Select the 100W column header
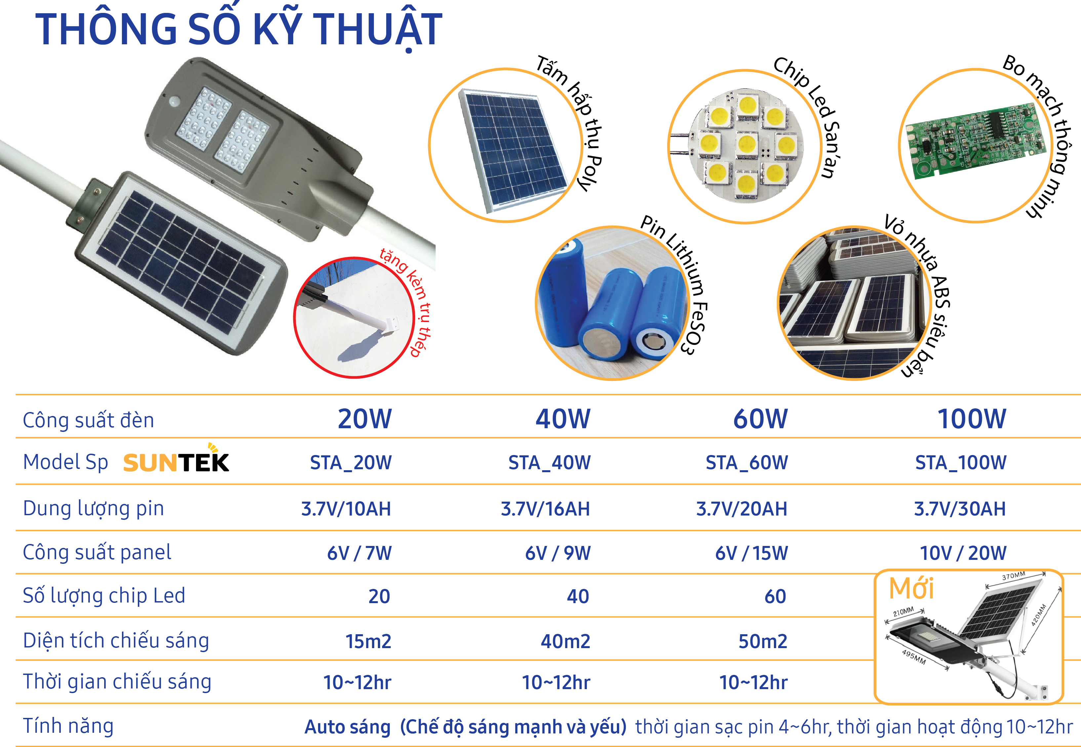(x=972, y=419)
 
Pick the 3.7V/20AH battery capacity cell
(x=741, y=509)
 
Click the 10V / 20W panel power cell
(x=963, y=553)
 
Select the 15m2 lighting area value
(x=368, y=641)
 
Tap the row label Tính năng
(x=68, y=726)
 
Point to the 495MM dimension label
(x=913, y=657)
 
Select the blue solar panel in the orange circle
(x=514, y=148)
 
